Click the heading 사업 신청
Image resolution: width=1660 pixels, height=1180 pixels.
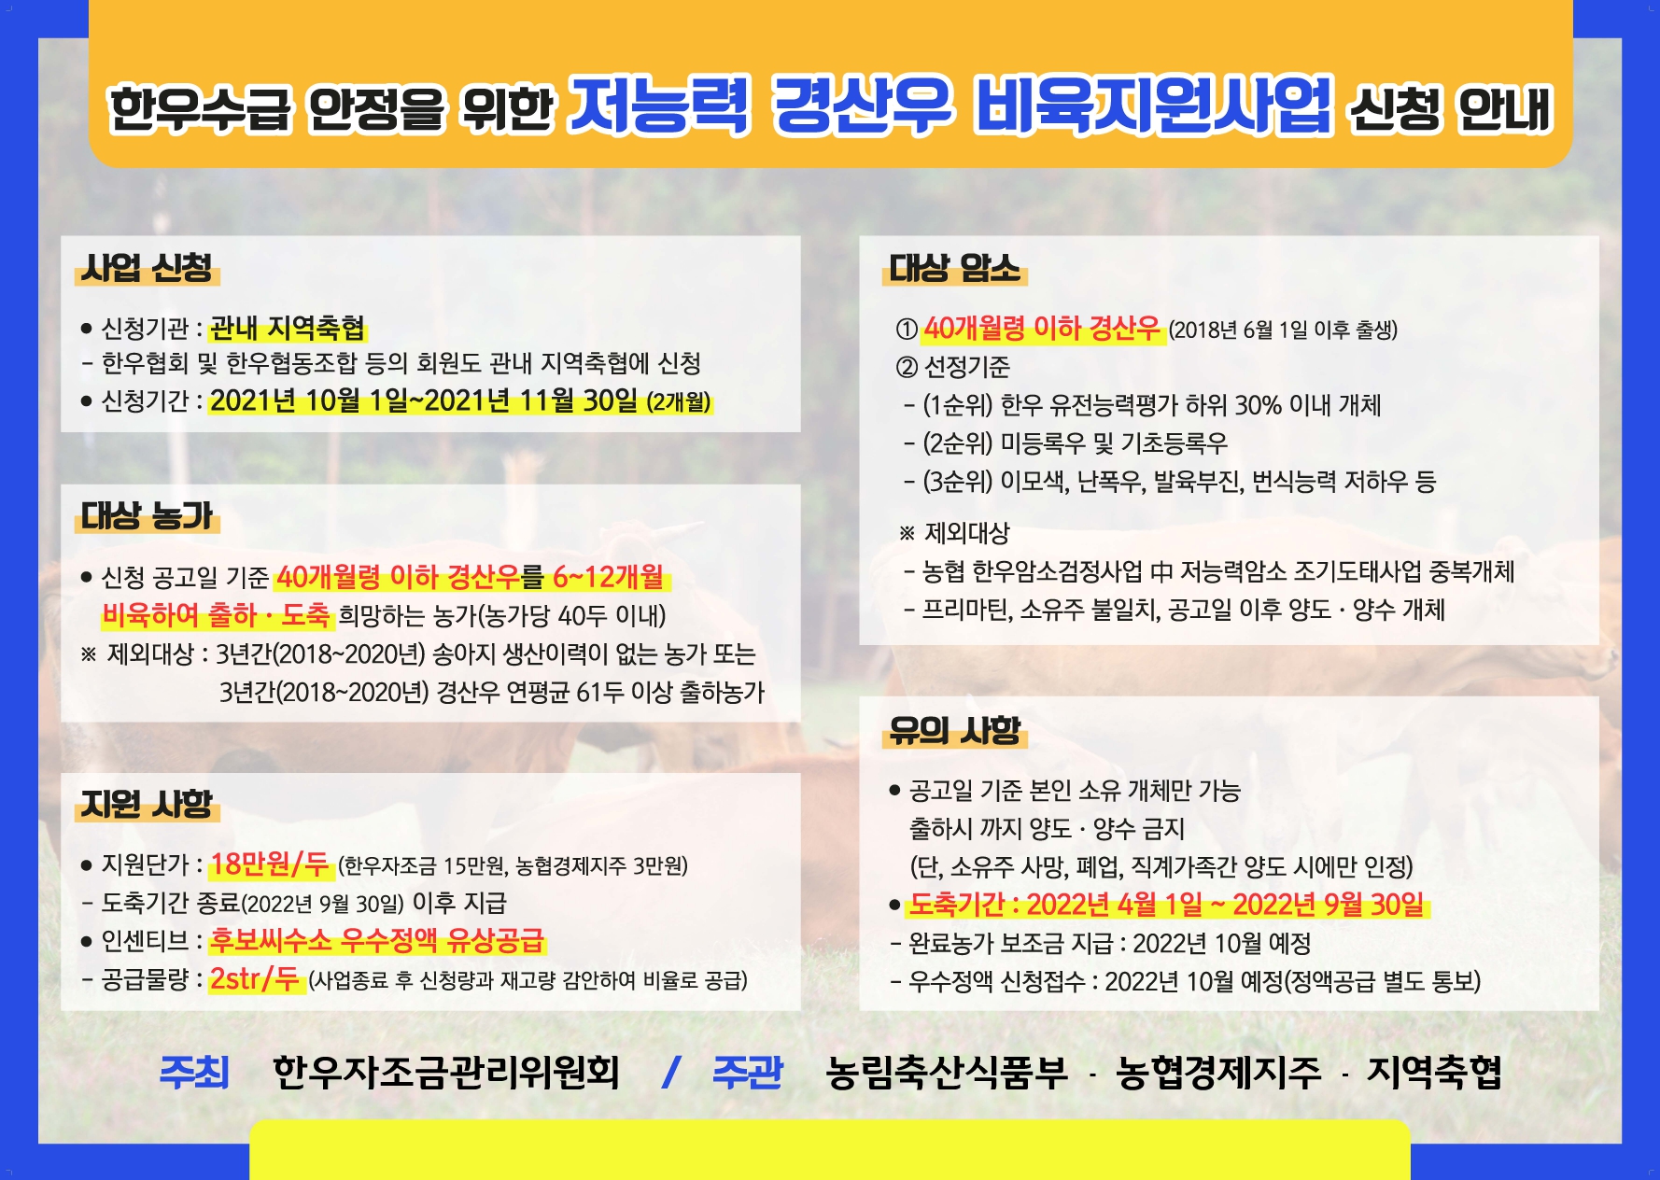coord(147,268)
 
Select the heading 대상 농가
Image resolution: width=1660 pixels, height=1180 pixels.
coord(147,515)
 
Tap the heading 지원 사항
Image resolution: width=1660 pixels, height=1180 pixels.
coord(147,804)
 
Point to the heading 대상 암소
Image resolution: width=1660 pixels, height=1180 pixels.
coord(954,268)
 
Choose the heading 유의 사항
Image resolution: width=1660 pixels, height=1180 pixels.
coord(954,730)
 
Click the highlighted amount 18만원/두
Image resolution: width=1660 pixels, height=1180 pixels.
coord(270,864)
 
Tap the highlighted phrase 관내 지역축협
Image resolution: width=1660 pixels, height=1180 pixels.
coord(288,328)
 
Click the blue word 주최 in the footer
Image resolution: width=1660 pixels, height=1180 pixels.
coord(194,1072)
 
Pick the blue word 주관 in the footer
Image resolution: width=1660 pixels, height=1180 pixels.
coord(747,1072)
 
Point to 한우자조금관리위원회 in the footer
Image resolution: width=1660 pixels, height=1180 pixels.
coord(446,1073)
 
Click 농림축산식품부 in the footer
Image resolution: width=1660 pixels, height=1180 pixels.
coord(947,1073)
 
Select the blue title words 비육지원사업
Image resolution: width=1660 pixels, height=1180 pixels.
coord(1153,105)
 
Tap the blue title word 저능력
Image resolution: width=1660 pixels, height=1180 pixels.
coord(659,105)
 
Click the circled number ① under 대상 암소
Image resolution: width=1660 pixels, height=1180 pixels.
coord(907,329)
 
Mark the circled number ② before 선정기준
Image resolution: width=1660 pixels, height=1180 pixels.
coord(907,367)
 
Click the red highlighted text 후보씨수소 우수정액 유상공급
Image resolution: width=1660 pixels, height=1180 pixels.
coord(377,939)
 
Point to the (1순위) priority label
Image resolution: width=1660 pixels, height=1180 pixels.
coord(958,405)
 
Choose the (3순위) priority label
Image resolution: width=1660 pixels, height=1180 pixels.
coord(958,482)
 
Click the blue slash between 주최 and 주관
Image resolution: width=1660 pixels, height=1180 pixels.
coord(669,1072)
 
